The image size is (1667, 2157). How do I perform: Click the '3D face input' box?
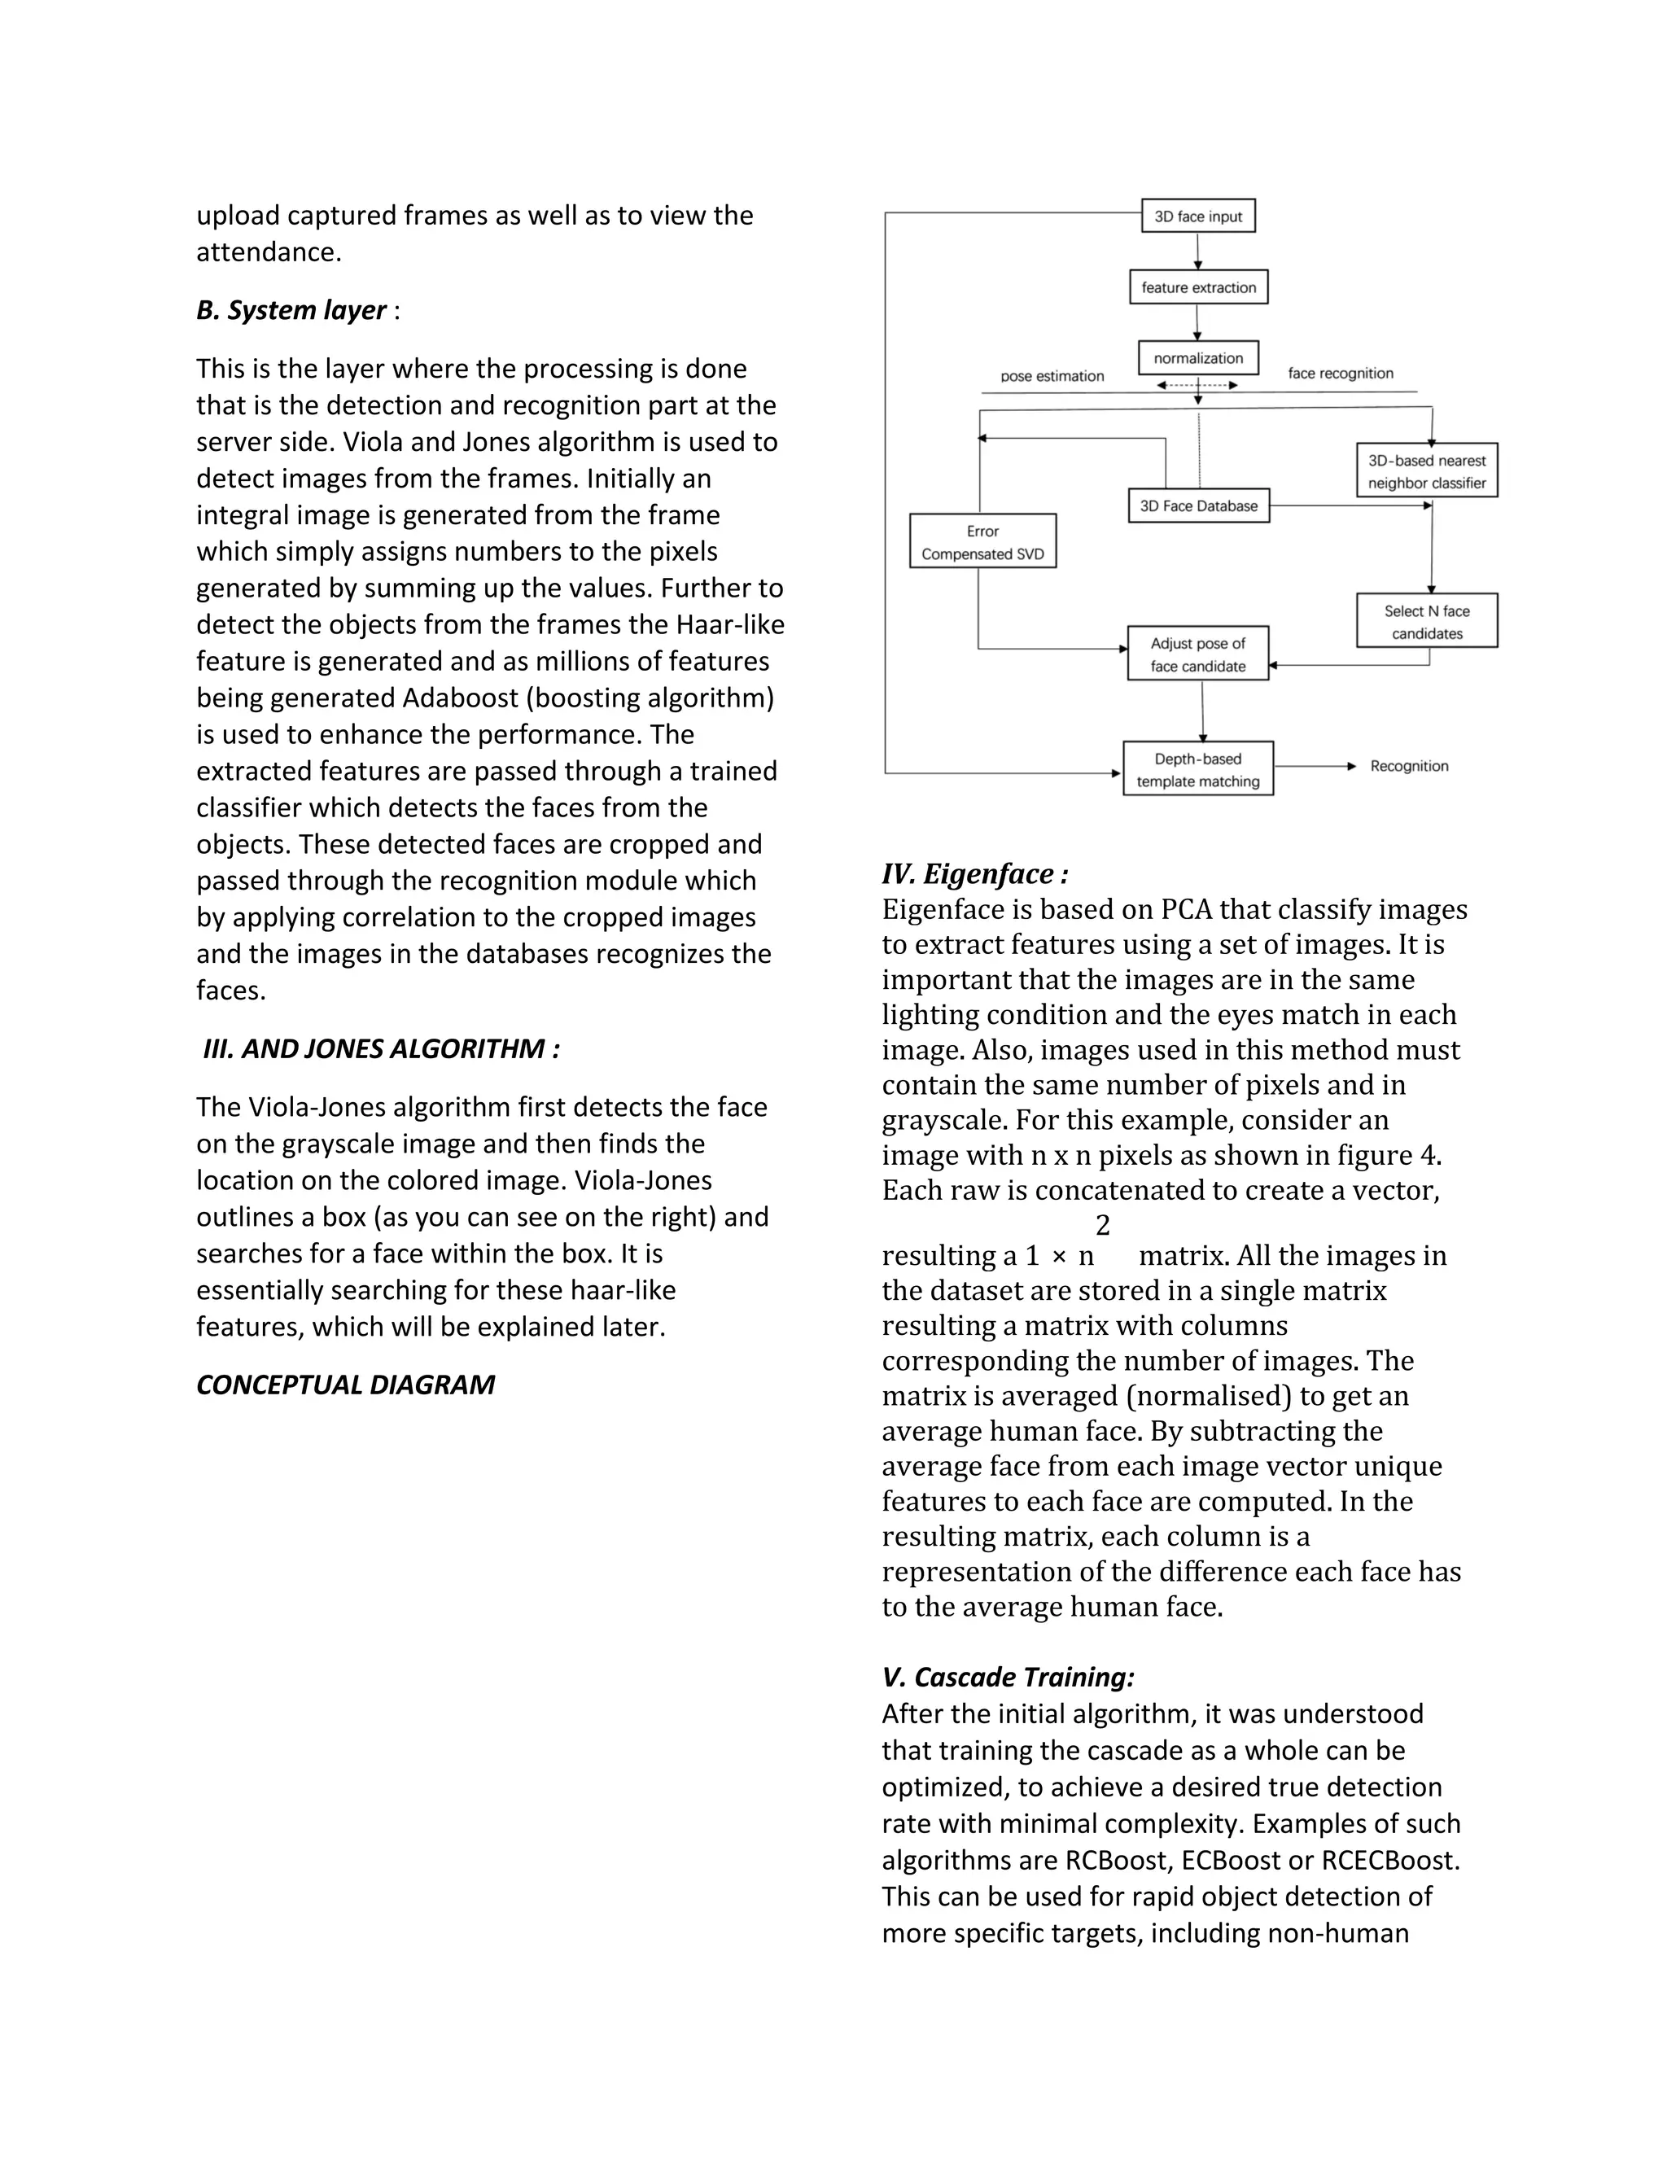[1198, 217]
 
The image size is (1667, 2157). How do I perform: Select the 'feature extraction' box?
[1198, 287]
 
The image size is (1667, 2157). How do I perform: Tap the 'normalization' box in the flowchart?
[1198, 358]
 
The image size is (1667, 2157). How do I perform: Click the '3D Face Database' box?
[1198, 505]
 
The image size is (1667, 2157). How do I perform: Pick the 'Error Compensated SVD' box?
[982, 542]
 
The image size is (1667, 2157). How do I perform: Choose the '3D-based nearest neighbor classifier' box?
[1426, 471]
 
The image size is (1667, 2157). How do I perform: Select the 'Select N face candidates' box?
[1426, 622]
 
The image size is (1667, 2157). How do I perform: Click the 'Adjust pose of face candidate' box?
[1198, 654]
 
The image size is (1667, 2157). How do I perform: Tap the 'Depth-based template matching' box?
[1198, 769]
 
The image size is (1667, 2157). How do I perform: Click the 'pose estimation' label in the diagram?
[1052, 376]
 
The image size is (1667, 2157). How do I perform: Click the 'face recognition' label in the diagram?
[1340, 374]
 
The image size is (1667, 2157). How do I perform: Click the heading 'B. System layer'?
[291, 310]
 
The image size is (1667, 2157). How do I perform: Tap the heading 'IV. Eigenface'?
[974, 874]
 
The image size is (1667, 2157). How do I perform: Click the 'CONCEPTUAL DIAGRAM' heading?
[344, 1385]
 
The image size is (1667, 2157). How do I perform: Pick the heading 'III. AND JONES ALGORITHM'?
[381, 1049]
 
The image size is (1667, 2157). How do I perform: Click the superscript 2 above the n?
[1103, 1226]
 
